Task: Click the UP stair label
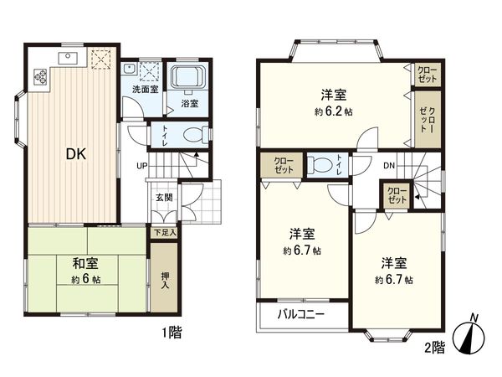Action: pos(143,164)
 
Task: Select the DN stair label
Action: pos(389,165)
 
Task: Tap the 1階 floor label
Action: pos(170,333)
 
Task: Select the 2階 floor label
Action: pos(433,347)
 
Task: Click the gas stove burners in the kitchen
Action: pos(40,76)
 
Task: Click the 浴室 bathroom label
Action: pos(190,104)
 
